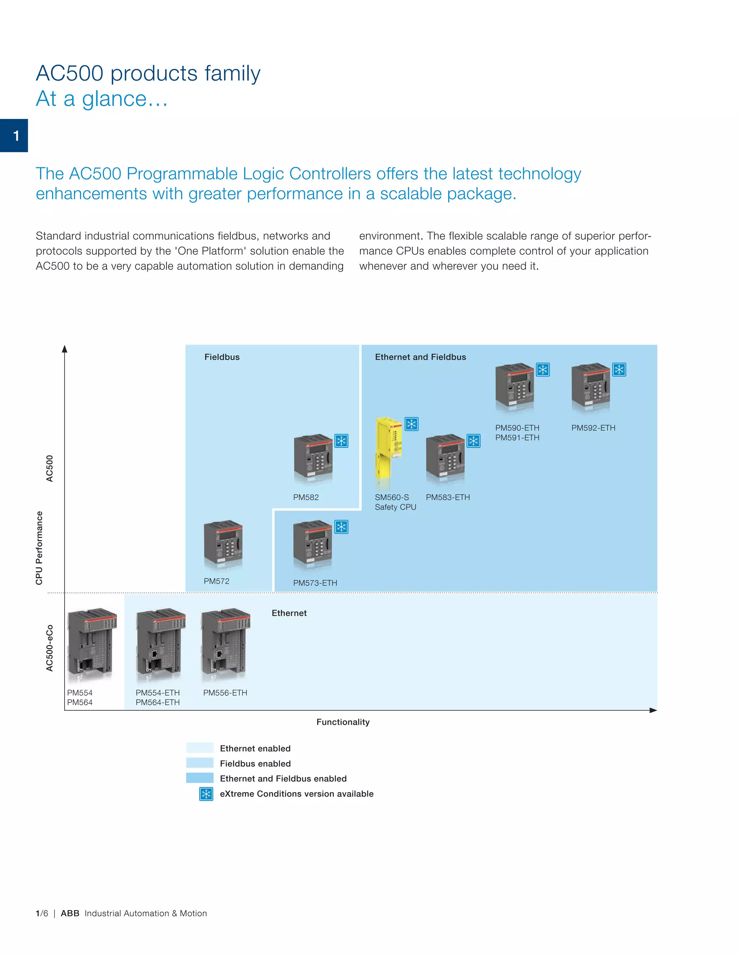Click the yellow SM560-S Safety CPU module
(389, 453)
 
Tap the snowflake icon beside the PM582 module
(341, 441)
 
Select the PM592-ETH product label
(593, 427)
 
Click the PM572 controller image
(223, 544)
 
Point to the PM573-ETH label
(315, 583)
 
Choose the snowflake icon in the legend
(206, 794)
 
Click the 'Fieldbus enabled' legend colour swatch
(200, 763)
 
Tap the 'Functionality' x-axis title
(343, 722)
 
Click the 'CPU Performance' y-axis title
(39, 548)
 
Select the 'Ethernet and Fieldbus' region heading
(420, 357)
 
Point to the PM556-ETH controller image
(226, 644)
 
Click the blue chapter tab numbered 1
(14, 136)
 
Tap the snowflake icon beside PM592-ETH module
(619, 369)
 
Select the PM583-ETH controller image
(445, 458)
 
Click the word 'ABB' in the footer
(70, 913)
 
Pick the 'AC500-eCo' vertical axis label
(50, 648)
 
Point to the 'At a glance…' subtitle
(101, 99)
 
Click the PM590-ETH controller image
(515, 387)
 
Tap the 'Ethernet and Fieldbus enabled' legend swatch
(200, 778)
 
